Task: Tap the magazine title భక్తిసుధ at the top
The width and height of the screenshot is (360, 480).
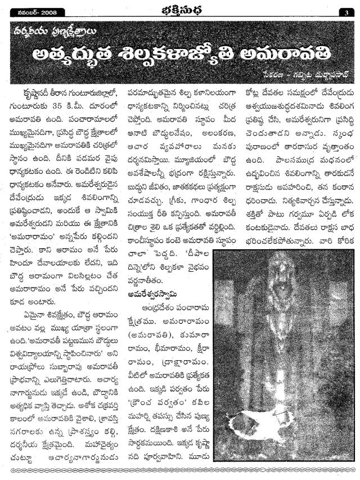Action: [x=179, y=10]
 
